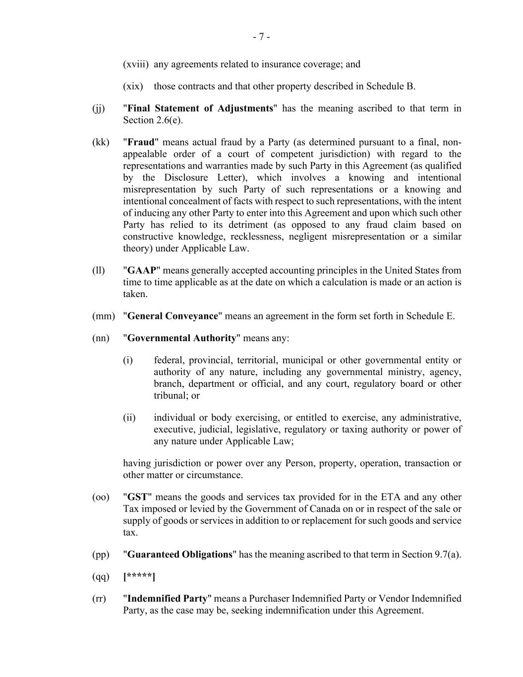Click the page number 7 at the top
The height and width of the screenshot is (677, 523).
(261, 37)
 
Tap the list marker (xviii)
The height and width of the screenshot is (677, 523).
(136, 64)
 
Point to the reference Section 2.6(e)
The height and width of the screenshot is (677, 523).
(153, 120)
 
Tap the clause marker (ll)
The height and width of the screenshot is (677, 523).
(98, 270)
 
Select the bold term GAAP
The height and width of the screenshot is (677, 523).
(141, 270)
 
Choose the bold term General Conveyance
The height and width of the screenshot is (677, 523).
(173, 316)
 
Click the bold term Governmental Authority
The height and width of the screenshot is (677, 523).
(181, 338)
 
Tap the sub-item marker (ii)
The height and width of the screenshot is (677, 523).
(129, 418)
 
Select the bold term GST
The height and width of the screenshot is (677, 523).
(137, 497)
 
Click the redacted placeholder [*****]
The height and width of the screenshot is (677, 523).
(139, 576)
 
